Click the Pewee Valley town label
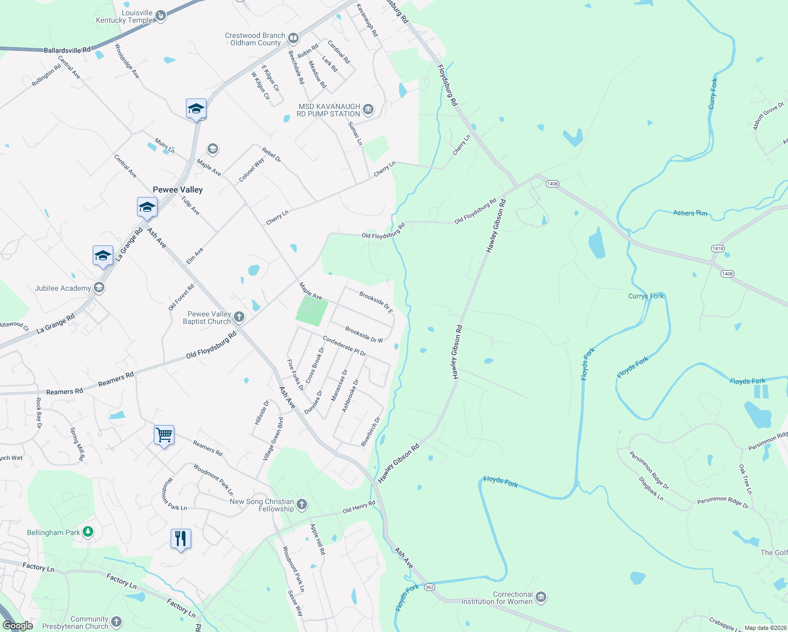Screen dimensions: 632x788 pyautogui.click(x=178, y=190)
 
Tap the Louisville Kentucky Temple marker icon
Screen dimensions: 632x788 pyautogui.click(x=161, y=16)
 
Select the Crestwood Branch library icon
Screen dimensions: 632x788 pyautogui.click(x=293, y=38)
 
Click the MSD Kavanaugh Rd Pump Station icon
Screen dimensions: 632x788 pyautogui.click(x=368, y=110)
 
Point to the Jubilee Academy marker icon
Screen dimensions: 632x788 pyautogui.click(x=98, y=288)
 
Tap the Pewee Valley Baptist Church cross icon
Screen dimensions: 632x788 pyautogui.click(x=239, y=317)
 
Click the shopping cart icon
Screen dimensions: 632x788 pyautogui.click(x=164, y=435)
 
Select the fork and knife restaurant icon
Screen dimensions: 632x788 pyautogui.click(x=181, y=539)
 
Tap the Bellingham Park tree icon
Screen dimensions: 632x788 pyautogui.click(x=88, y=532)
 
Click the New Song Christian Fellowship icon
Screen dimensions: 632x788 pyautogui.click(x=302, y=505)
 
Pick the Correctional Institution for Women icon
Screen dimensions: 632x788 pyautogui.click(x=541, y=597)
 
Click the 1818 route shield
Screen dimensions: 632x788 pyautogui.click(x=717, y=249)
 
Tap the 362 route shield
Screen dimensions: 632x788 pyautogui.click(x=430, y=587)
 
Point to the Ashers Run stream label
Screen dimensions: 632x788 pyautogui.click(x=690, y=213)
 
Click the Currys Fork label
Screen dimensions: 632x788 pyautogui.click(x=646, y=296)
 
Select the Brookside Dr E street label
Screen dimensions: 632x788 pyautogui.click(x=376, y=302)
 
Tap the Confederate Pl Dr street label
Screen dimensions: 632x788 pyautogui.click(x=344, y=346)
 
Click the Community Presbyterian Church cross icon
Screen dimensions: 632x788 pyautogui.click(x=116, y=622)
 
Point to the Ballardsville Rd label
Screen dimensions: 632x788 pyautogui.click(x=67, y=50)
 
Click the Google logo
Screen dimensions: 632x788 pyautogui.click(x=18, y=626)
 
